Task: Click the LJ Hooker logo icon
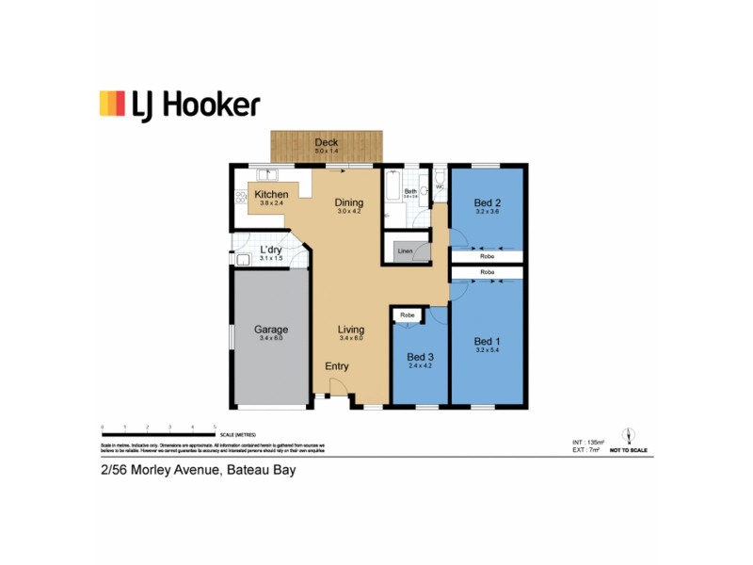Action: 112,103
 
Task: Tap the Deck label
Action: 327,142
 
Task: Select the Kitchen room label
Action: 271,195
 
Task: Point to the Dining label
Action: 349,202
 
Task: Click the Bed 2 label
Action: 487,202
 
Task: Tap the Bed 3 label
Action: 420,357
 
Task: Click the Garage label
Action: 270,330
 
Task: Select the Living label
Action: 351,330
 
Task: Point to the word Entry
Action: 336,365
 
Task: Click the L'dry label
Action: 271,250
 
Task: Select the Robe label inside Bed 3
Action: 408,315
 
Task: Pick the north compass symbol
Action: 629,436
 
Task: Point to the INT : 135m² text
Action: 588,442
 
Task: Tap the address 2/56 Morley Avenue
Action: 157,470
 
